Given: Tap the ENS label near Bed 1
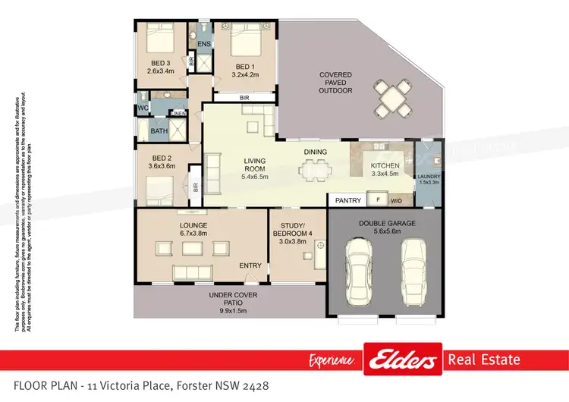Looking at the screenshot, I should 203,45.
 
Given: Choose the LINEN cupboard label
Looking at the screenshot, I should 178,114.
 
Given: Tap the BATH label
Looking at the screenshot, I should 159,131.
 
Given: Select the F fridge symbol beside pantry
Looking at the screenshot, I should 377,200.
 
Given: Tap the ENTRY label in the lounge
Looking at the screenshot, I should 250,265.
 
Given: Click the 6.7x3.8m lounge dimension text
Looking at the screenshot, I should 193,234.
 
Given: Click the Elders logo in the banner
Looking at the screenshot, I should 403,360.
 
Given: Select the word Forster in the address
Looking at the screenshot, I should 195,387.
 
